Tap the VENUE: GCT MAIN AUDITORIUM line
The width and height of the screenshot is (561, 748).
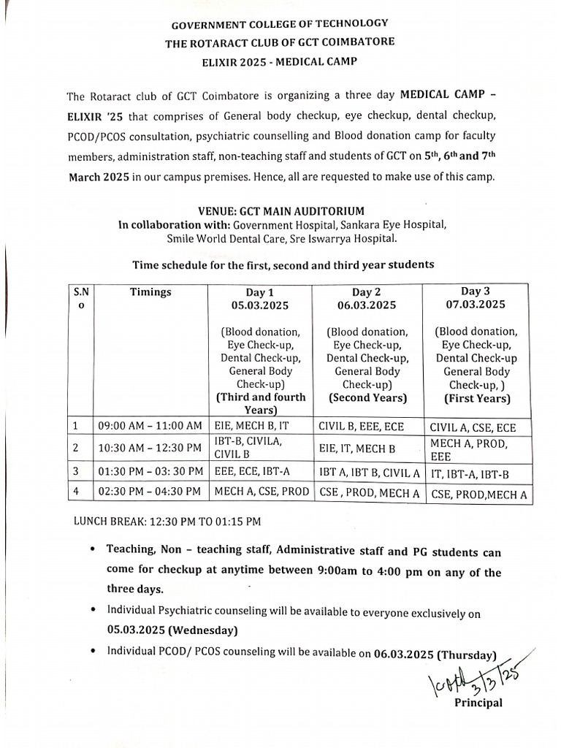click(x=280, y=210)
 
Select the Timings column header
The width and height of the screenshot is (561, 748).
click(x=150, y=292)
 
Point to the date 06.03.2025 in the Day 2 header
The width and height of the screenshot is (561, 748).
click(x=367, y=305)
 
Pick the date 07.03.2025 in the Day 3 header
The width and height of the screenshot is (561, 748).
click(x=477, y=304)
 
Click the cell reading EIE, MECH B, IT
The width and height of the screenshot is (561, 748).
click(x=253, y=425)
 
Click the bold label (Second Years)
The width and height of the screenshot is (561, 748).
click(x=367, y=398)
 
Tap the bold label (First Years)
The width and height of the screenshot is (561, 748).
click(x=477, y=399)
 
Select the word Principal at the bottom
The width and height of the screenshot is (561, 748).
click(x=478, y=703)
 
